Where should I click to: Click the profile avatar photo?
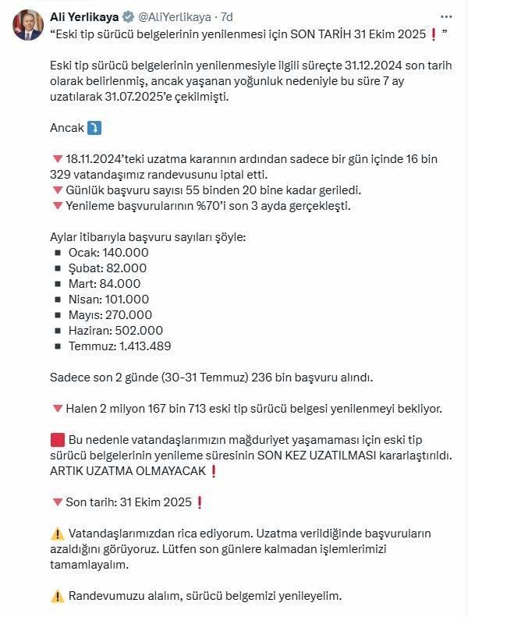click(x=27, y=25)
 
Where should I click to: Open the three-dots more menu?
click(x=445, y=16)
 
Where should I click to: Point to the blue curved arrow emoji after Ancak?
click(x=94, y=128)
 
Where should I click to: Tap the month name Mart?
click(x=82, y=284)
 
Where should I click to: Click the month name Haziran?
click(x=90, y=331)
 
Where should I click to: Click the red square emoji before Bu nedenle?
click(x=57, y=440)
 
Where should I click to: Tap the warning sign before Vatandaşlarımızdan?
click(x=57, y=534)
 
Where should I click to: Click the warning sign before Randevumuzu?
click(x=57, y=596)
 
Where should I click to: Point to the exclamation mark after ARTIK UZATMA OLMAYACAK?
click(x=213, y=471)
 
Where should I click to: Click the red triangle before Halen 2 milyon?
click(x=57, y=409)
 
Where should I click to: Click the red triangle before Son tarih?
click(x=57, y=502)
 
